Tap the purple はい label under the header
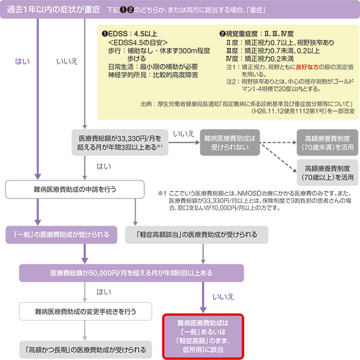click(23, 61)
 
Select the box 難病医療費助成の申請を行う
click(75, 189)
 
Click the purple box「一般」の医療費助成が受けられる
click(62, 234)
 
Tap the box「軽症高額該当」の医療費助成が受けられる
click(197, 234)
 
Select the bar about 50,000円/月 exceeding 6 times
click(131, 273)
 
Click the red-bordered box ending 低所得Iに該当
click(203, 336)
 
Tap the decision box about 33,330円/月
click(117, 143)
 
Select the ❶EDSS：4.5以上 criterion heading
click(129, 34)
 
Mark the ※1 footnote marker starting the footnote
click(162, 193)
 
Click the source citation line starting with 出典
click(247, 104)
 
